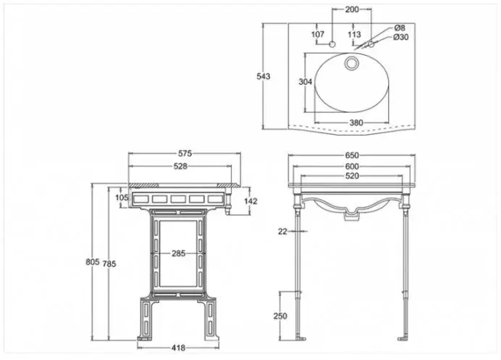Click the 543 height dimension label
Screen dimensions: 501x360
pyautogui.click(x=264, y=76)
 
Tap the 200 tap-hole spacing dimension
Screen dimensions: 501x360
pyautogui.click(x=352, y=9)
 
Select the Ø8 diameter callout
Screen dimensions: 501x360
pyautogui.click(x=400, y=28)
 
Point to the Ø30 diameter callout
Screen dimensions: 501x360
pyautogui.click(x=401, y=37)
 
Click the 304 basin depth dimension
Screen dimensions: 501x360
pyautogui.click(x=305, y=82)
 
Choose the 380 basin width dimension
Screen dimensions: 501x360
pyautogui.click(x=356, y=122)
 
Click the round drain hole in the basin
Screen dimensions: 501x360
pyautogui.click(x=352, y=63)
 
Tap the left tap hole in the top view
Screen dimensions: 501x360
pyautogui.click(x=332, y=44)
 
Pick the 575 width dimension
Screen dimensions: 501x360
pyautogui.click(x=185, y=154)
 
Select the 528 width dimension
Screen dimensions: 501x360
pyautogui.click(x=180, y=167)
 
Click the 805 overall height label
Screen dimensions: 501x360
pyautogui.click(x=93, y=261)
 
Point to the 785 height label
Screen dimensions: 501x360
pyautogui.click(x=109, y=264)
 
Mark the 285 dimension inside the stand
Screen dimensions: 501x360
pyautogui.click(x=178, y=254)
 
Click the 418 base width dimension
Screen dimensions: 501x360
pyautogui.click(x=178, y=348)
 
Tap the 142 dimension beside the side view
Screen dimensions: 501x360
pyautogui.click(x=250, y=201)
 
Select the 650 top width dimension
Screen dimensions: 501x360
pyautogui.click(x=352, y=156)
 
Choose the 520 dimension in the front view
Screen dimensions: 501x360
pyautogui.click(x=352, y=176)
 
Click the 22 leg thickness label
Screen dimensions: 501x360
pyautogui.click(x=282, y=231)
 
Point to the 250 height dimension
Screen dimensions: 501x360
pyautogui.click(x=280, y=316)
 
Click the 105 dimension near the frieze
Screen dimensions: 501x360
pyautogui.click(x=122, y=198)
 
